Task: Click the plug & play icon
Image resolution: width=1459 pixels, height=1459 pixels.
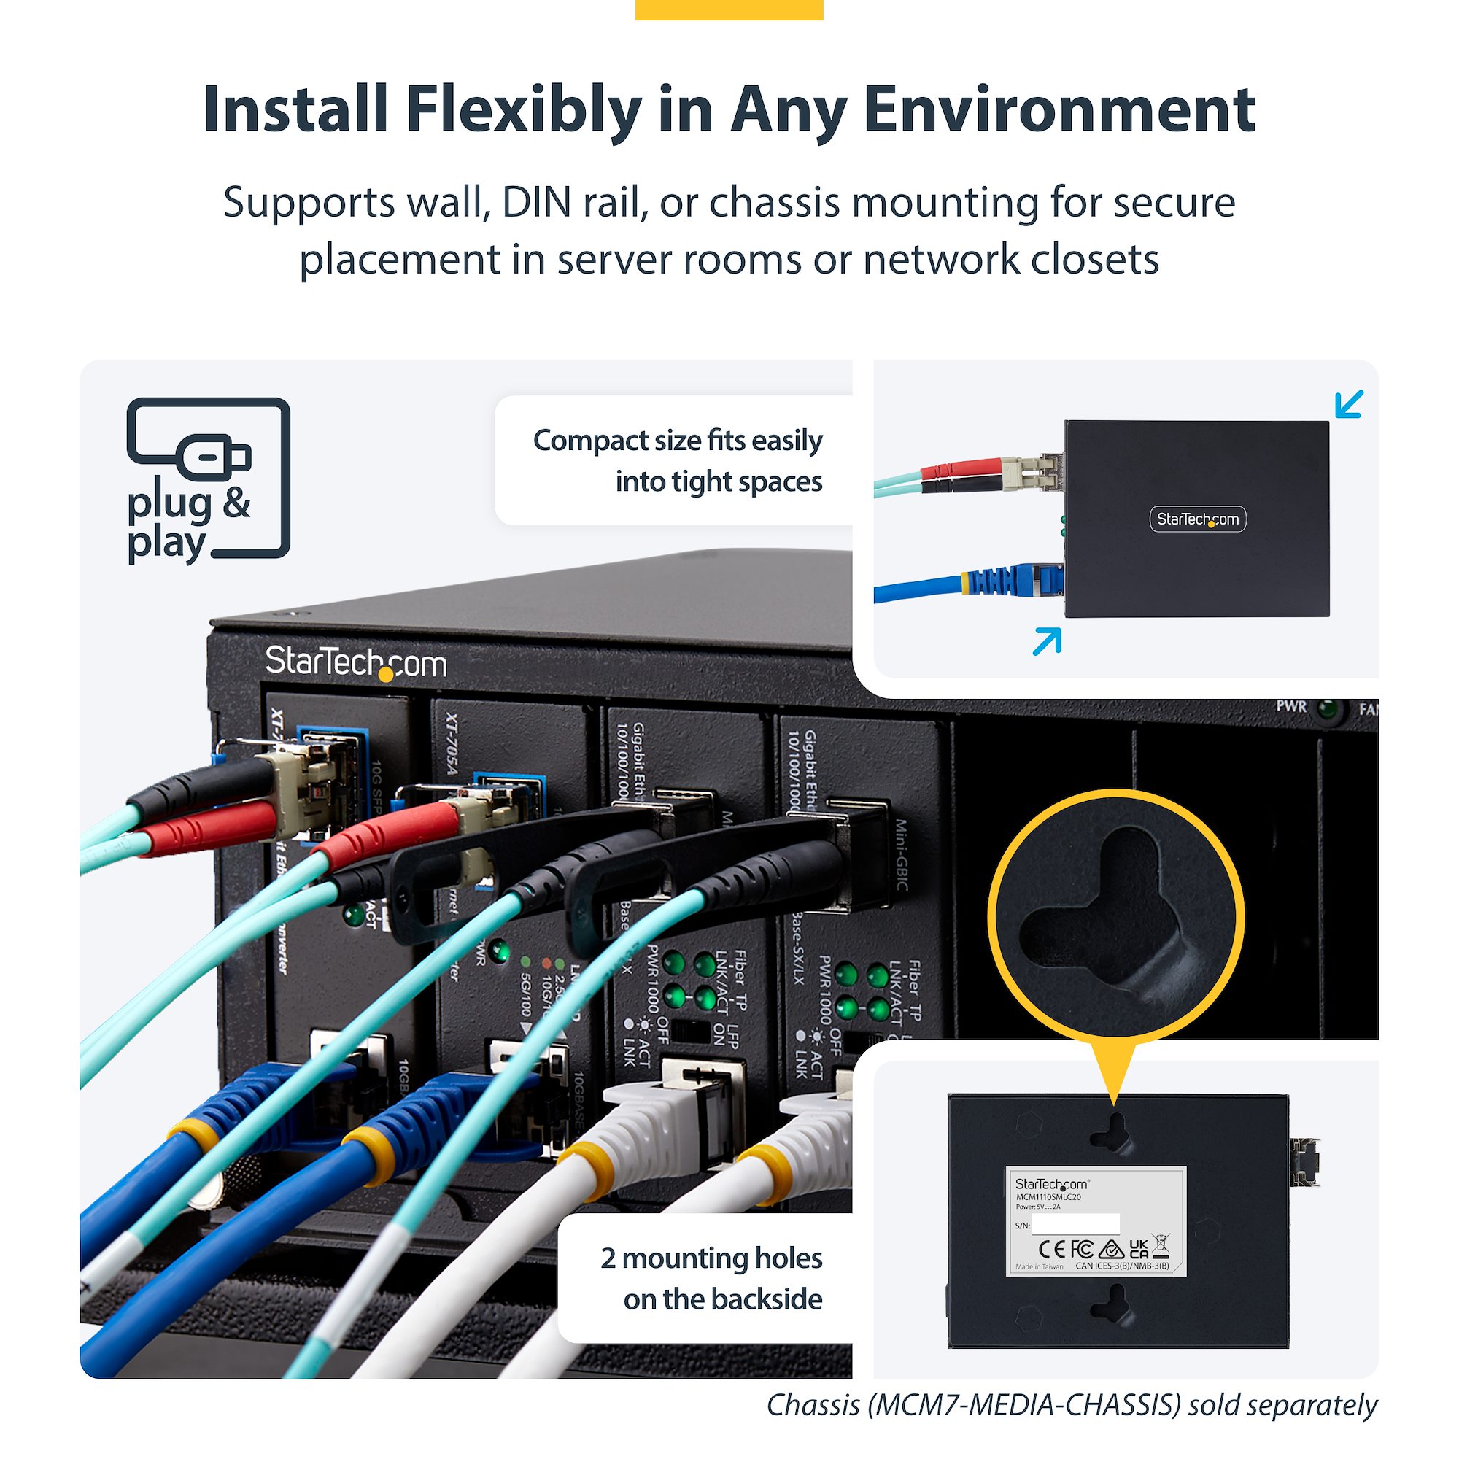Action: (x=208, y=480)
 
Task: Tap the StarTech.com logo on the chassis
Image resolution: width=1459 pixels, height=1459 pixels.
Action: (x=356, y=663)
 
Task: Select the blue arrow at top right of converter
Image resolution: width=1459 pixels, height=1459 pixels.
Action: (x=1349, y=403)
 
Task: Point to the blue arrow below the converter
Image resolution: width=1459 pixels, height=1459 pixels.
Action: (x=1047, y=641)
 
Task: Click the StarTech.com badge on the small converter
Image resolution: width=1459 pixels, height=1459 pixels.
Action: (x=1198, y=519)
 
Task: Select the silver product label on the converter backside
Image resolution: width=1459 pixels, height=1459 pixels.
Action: (x=1096, y=1221)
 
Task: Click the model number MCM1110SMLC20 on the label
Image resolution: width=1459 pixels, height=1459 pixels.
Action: (x=1048, y=1197)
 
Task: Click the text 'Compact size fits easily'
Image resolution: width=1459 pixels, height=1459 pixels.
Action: (x=678, y=441)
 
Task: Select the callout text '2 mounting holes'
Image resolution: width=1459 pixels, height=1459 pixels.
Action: (x=711, y=1258)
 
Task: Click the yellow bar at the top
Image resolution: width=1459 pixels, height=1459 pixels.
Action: (x=729, y=9)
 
